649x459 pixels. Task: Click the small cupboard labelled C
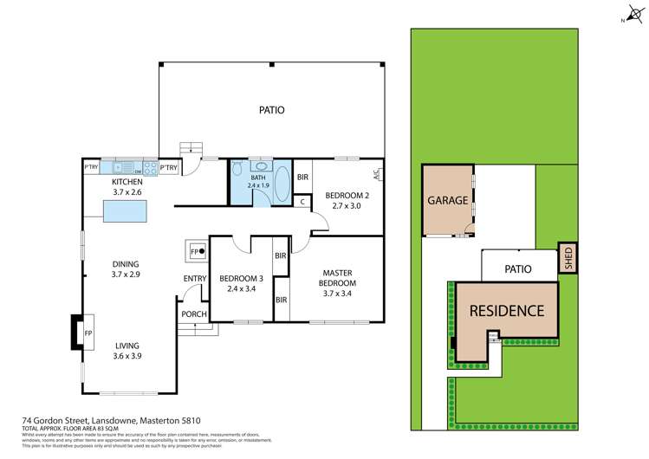click(302, 202)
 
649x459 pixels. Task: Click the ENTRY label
click(195, 278)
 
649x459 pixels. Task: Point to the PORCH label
click(191, 314)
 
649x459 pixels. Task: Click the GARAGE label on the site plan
click(448, 201)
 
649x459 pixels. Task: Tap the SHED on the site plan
click(568, 258)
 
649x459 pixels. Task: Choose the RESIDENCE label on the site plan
click(506, 311)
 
